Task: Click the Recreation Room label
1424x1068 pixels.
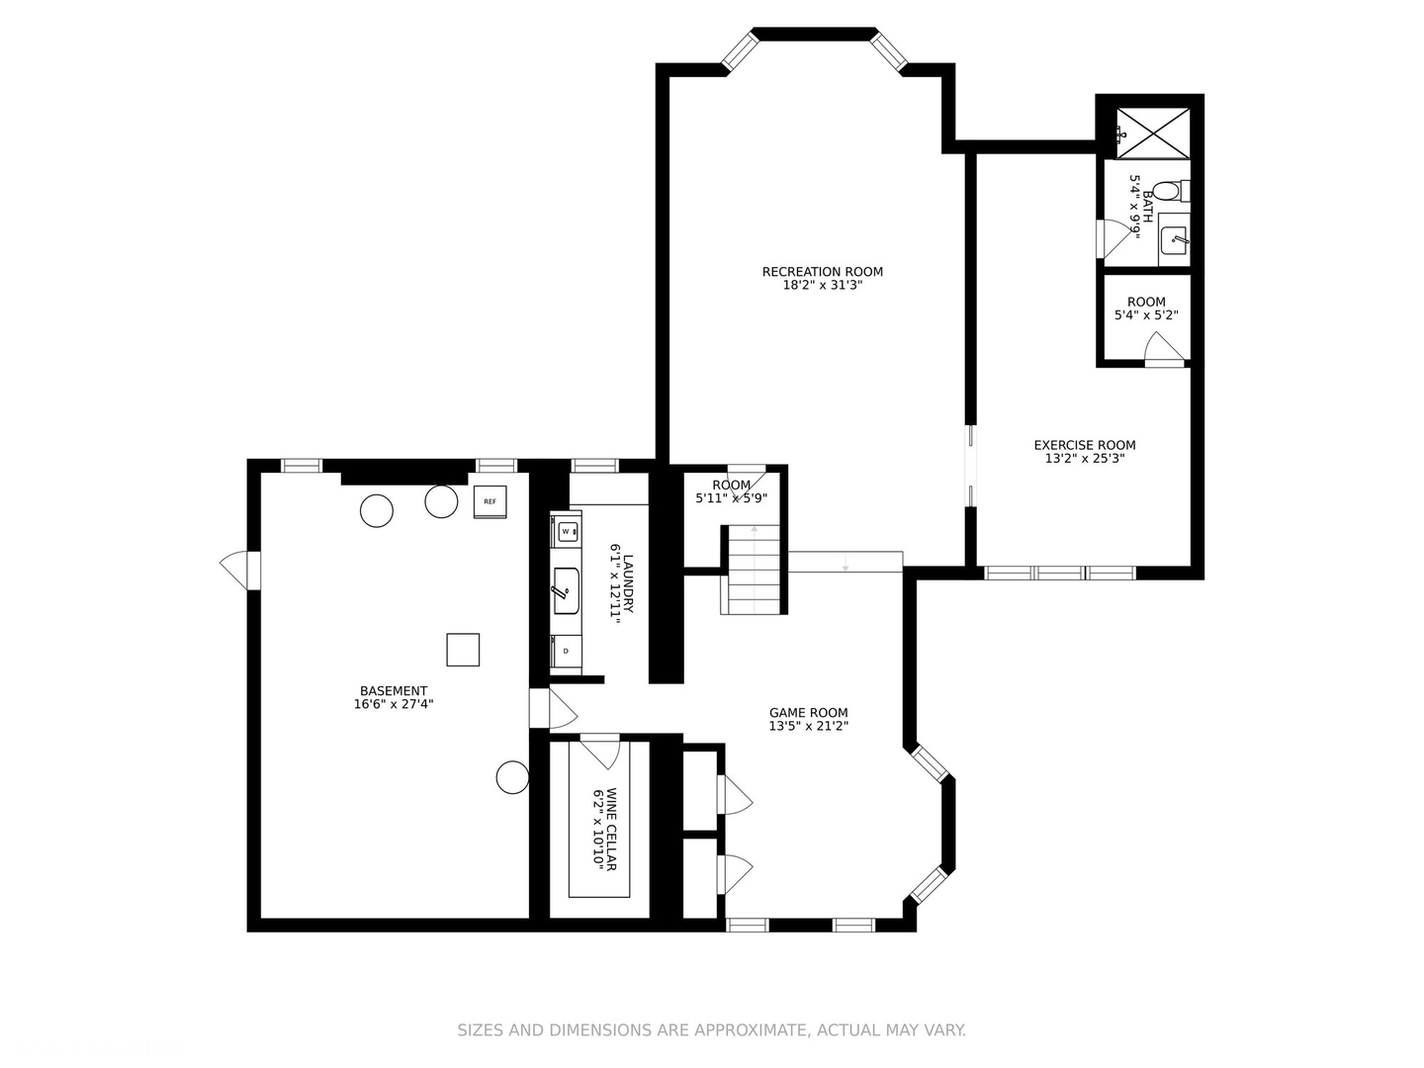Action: (x=822, y=272)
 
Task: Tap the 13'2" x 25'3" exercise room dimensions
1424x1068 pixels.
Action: (x=1084, y=459)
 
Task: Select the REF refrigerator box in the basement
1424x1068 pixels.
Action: (x=489, y=502)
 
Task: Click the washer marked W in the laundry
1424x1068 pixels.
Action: (x=566, y=531)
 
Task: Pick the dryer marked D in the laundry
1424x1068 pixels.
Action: (x=566, y=651)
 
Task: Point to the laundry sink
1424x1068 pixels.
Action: (x=566, y=590)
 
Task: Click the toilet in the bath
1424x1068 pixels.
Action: (x=1169, y=190)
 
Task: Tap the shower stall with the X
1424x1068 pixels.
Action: (x=1152, y=132)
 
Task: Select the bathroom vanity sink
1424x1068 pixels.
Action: (x=1174, y=238)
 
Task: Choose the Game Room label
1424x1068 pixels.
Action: (x=808, y=712)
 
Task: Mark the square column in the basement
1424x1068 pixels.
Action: (x=463, y=650)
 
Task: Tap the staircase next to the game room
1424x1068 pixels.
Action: (x=756, y=570)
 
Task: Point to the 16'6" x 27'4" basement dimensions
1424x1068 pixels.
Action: (x=394, y=705)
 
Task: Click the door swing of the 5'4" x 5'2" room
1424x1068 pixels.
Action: (x=1164, y=348)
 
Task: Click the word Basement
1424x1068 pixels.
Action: (x=394, y=691)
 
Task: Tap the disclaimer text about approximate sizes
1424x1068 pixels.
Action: (x=711, y=1030)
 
